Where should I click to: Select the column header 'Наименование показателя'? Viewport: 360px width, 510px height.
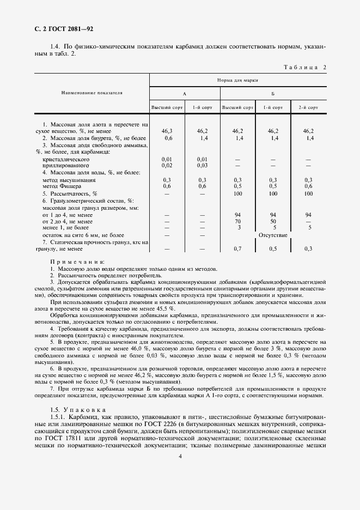point(91,93)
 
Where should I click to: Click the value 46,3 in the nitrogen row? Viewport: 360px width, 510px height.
point(167,131)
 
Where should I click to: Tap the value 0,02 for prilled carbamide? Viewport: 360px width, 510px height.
point(167,165)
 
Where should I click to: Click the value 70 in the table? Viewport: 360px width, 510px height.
point(237,222)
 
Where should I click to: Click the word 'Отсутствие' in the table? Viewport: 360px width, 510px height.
point(273,235)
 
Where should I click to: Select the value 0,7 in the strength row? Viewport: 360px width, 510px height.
point(237,248)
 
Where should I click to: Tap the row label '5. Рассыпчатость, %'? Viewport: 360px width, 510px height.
point(69,193)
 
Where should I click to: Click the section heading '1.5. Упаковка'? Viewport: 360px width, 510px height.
point(74,409)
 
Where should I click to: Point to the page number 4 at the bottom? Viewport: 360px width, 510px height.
point(180,458)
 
